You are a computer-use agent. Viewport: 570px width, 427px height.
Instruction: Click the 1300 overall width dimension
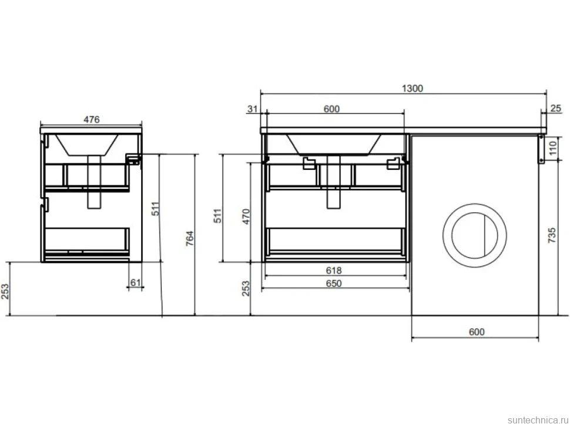413,88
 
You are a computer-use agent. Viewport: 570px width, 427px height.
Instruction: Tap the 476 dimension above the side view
92,119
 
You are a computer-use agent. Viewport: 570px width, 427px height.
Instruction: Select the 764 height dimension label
190,239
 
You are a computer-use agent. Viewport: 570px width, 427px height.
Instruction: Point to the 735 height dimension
552,235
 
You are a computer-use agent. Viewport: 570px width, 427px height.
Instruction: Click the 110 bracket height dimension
553,148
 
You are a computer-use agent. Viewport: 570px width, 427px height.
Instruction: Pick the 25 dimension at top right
556,108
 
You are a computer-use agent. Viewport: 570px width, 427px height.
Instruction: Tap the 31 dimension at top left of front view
252,109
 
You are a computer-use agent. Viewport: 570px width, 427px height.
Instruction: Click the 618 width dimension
334,270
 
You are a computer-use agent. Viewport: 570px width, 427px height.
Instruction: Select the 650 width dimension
334,283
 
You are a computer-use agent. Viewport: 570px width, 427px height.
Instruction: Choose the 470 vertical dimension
246,216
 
